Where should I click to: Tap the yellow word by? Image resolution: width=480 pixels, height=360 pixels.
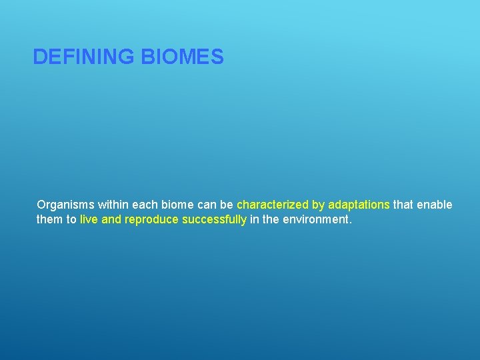[x=318, y=205]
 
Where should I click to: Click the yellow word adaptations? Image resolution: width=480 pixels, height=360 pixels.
[x=359, y=205]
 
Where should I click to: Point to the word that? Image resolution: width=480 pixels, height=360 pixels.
[x=403, y=205]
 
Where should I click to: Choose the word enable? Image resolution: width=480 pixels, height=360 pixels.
[x=435, y=205]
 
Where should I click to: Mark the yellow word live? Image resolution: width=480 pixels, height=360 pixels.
[x=89, y=219]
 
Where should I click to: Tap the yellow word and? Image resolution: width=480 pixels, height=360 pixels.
[x=111, y=219]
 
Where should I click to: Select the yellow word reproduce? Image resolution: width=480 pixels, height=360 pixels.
[x=151, y=219]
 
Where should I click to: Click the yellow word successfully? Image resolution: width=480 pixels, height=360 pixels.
[x=214, y=219]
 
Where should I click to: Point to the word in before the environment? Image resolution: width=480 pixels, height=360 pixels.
[x=255, y=219]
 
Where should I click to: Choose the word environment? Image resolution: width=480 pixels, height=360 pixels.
[x=314, y=219]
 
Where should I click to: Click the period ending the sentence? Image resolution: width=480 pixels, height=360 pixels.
[x=349, y=223]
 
